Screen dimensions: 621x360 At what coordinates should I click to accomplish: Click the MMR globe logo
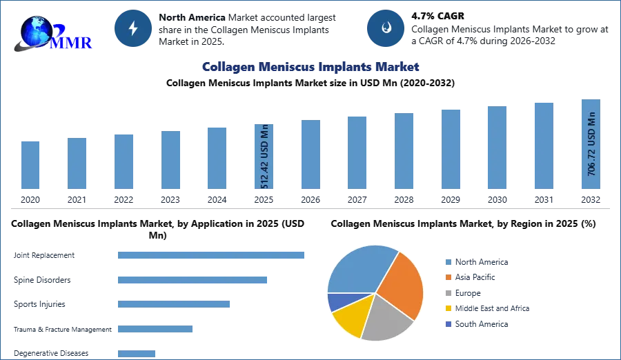click(52, 34)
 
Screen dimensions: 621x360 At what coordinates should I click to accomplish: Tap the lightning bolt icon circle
click(133, 28)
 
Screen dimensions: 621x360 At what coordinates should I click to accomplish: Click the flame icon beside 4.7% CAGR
click(386, 28)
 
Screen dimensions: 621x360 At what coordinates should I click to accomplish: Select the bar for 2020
click(30, 165)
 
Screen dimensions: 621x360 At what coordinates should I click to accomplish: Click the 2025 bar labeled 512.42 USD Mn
click(264, 157)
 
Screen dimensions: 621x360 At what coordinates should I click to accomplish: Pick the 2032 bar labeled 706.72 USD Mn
click(591, 144)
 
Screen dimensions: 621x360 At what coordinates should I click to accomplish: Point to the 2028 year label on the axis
click(404, 199)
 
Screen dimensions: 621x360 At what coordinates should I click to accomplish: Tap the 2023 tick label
click(170, 199)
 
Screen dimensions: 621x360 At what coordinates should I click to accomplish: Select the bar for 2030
click(497, 148)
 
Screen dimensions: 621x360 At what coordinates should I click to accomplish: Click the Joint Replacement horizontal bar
click(211, 255)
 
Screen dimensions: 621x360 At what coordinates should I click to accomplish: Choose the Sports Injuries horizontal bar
click(174, 304)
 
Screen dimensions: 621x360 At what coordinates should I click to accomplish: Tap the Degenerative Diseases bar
click(137, 354)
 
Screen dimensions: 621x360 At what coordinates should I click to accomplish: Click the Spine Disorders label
click(42, 280)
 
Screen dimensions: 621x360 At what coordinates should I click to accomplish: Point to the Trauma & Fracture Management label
click(63, 330)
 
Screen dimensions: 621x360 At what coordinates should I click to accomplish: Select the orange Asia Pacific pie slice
click(400, 285)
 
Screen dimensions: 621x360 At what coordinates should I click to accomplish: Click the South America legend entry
click(477, 324)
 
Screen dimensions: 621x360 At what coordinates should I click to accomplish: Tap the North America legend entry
click(477, 262)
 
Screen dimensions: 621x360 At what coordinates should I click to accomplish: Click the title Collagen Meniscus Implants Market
click(310, 67)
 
